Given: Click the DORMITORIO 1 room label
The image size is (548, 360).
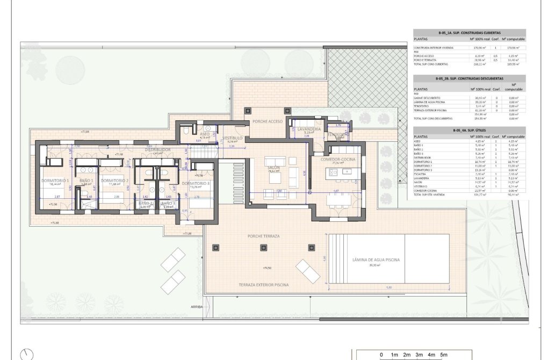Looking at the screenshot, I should click(55, 181).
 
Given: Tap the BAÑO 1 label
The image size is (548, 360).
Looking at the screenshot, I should click(86, 181).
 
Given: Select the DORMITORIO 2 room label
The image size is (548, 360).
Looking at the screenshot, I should click(114, 181).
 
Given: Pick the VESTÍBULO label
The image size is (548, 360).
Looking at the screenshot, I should click(232, 138).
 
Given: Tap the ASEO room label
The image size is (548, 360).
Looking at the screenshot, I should click(205, 134).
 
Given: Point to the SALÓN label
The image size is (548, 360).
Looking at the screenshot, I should click(274, 168).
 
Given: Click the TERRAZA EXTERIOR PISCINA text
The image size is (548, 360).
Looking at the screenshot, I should click(264, 284).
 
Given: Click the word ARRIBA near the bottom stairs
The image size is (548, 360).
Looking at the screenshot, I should click(196, 307).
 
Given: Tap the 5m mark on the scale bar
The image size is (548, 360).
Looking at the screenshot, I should click(444, 355).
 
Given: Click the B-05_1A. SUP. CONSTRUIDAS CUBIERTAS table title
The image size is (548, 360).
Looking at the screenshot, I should click(468, 33).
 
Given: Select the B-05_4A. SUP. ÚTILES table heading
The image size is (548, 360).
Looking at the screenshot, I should click(468, 131).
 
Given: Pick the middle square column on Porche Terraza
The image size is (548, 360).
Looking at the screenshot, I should click(263, 248).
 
